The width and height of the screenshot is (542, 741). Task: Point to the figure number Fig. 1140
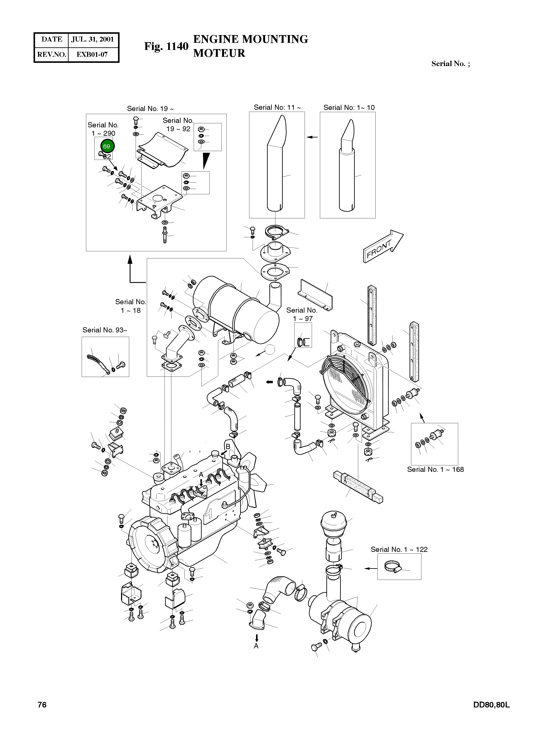pyautogui.click(x=166, y=47)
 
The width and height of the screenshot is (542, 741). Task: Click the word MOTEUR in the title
pyautogui.click(x=219, y=53)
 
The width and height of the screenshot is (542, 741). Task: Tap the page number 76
pyautogui.click(x=42, y=705)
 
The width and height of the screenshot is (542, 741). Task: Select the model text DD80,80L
pyautogui.click(x=491, y=705)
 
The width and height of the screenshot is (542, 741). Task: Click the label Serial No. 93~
pyautogui.click(x=105, y=330)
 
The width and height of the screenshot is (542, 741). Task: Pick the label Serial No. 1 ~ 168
pyautogui.click(x=435, y=469)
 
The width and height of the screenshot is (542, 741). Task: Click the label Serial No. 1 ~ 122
pyautogui.click(x=399, y=550)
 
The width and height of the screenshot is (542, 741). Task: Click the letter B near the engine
pyautogui.click(x=227, y=446)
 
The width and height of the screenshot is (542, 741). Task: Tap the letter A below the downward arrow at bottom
pyautogui.click(x=256, y=646)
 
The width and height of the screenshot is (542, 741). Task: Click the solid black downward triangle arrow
pyautogui.click(x=206, y=161)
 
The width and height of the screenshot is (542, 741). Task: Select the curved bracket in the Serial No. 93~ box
pyautogui.click(x=97, y=363)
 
